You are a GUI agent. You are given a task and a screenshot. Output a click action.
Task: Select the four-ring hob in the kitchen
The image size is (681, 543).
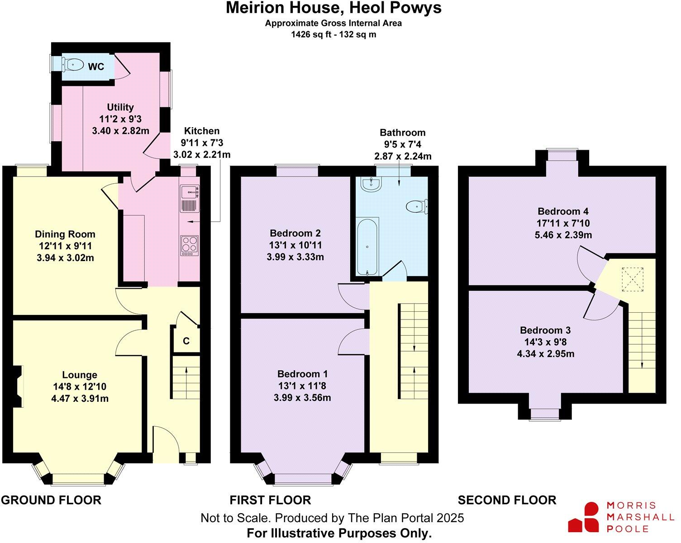pyautogui.click(x=190, y=245)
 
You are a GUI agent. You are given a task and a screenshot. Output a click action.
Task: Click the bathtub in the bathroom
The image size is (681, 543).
pyautogui.click(x=367, y=247)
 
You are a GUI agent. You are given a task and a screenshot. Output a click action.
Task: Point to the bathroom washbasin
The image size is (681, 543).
pyautogui.click(x=371, y=183)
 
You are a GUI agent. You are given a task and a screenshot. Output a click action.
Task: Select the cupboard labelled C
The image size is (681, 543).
pyautogui.click(x=186, y=341)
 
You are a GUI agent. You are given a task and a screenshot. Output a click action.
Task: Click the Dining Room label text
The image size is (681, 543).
pyautogui.click(x=65, y=234)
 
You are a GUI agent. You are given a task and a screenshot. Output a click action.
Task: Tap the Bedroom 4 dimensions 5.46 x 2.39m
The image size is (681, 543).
pyautogui.click(x=563, y=235)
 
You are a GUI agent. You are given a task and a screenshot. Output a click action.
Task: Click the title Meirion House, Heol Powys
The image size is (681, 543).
pyautogui.click(x=333, y=8)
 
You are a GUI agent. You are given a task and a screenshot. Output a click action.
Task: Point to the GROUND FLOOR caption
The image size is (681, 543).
pyautogui.click(x=51, y=500)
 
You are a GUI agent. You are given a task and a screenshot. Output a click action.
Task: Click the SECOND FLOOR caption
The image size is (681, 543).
pyautogui.click(x=507, y=500)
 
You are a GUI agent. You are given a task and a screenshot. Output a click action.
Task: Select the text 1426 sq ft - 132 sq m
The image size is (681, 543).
pyautogui.click(x=333, y=34)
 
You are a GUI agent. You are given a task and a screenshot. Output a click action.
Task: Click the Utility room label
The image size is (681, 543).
pyautogui.click(x=120, y=107)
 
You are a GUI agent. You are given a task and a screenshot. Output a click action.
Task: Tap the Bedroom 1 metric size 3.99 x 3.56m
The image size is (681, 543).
pyautogui.click(x=302, y=398)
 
